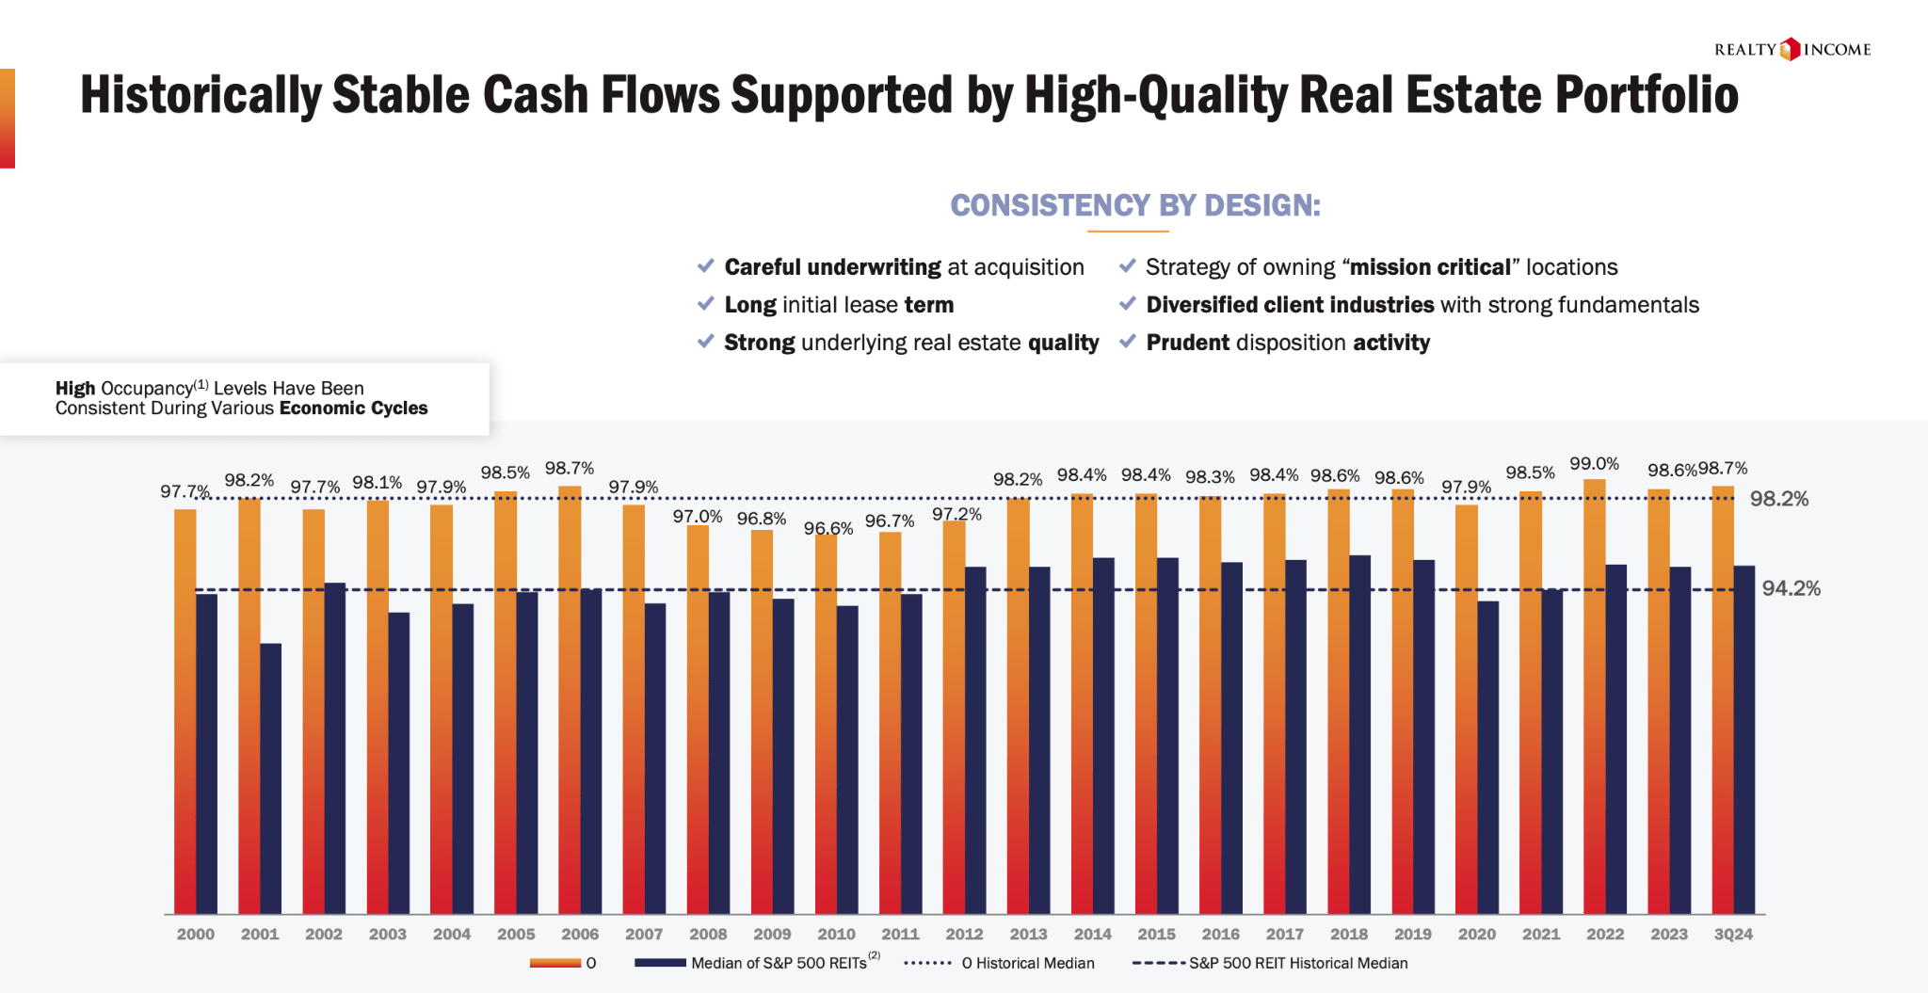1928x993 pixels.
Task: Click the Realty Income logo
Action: [x=1791, y=49]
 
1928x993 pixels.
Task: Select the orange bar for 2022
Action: [x=1594, y=697]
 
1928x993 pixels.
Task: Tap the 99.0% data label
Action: [x=1594, y=464]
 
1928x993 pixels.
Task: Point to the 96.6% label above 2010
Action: [x=827, y=528]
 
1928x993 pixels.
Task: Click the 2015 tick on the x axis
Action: [x=1156, y=934]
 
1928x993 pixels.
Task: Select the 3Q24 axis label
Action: [x=1733, y=934]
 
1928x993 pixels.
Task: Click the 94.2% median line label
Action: [x=1791, y=588]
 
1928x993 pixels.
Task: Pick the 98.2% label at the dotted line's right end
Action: [x=1779, y=499]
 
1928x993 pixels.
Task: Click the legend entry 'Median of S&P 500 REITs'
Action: [x=778, y=963]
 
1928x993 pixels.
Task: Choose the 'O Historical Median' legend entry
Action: [x=1027, y=963]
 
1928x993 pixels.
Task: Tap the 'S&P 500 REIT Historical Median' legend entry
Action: [x=1297, y=963]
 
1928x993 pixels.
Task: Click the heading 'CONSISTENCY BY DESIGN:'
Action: [x=1135, y=205]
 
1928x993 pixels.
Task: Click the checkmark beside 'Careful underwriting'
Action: [x=705, y=266]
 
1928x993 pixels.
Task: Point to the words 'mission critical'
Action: [x=1430, y=267]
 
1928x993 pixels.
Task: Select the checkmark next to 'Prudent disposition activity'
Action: [x=1127, y=342]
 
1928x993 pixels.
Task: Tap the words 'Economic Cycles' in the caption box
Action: [x=353, y=408]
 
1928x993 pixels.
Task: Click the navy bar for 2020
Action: [x=1487, y=757]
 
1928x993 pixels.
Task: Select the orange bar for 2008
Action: [x=698, y=719]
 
